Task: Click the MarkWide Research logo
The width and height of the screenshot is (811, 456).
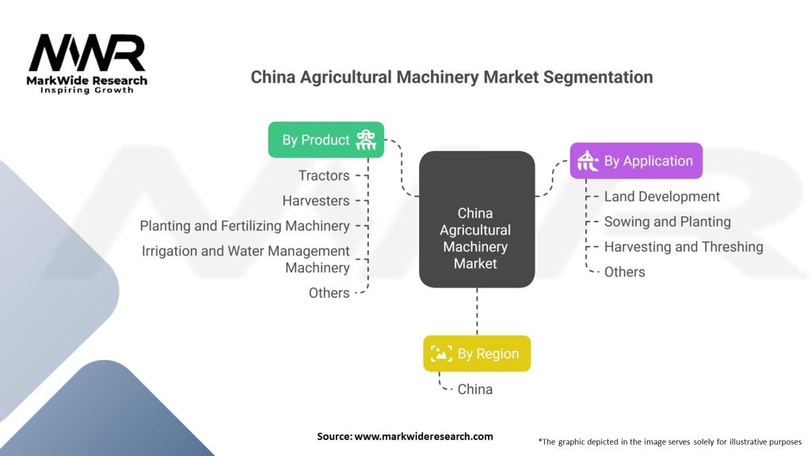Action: pyautogui.click(x=87, y=63)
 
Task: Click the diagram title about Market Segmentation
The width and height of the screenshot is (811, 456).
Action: pyautogui.click(x=451, y=78)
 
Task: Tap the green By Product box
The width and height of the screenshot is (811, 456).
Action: pyautogui.click(x=326, y=140)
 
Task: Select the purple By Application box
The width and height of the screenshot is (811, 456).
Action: pyautogui.click(x=636, y=161)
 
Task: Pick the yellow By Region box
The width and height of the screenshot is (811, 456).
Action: pyautogui.click(x=477, y=354)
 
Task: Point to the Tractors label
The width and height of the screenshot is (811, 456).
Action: pyautogui.click(x=323, y=175)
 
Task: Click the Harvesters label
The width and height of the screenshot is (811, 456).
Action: pyautogui.click(x=315, y=200)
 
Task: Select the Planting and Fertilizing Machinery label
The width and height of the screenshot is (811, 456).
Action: pyautogui.click(x=245, y=226)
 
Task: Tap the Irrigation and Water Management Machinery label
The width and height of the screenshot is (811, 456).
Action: pyautogui.click(x=246, y=259)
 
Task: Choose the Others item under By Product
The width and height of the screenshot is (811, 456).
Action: pyautogui.click(x=329, y=293)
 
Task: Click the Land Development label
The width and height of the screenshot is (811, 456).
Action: pyautogui.click(x=661, y=196)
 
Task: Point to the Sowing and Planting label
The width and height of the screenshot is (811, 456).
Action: pyautogui.click(x=667, y=222)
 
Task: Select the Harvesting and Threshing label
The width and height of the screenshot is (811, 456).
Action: pyautogui.click(x=683, y=247)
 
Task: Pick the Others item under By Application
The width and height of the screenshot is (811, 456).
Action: pyautogui.click(x=624, y=272)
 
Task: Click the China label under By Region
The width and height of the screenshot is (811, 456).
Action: pyautogui.click(x=474, y=389)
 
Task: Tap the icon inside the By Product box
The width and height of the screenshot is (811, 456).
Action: pyautogui.click(x=366, y=140)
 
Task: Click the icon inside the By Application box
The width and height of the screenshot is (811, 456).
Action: pyautogui.click(x=588, y=161)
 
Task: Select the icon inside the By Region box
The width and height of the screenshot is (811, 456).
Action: pyautogui.click(x=441, y=354)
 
